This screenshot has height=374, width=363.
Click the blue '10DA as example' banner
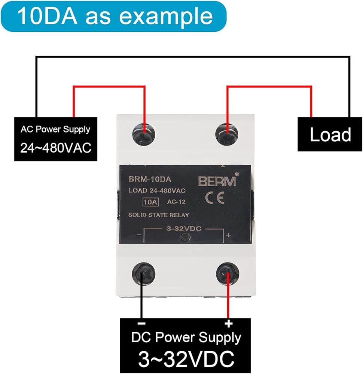[x=114, y=16]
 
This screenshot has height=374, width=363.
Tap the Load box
[x=330, y=134]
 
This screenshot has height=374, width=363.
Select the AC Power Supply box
[x=56, y=139]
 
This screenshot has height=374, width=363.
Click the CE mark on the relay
[x=215, y=198]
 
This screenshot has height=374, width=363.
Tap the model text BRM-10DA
[x=150, y=180]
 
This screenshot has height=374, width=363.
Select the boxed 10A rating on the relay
[x=150, y=202]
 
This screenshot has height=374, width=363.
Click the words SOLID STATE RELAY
[x=158, y=215]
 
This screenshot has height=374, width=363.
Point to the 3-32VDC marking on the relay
[x=184, y=229]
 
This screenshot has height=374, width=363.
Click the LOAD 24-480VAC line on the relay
[x=157, y=190]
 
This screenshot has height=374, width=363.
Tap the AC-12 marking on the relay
[x=176, y=202]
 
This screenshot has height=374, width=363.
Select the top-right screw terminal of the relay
[x=227, y=134]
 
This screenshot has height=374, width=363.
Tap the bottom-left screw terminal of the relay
[x=144, y=274]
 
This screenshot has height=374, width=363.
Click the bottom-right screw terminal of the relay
[x=228, y=274]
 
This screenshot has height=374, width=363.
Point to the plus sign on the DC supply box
[x=228, y=324]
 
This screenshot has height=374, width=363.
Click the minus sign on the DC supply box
[x=141, y=324]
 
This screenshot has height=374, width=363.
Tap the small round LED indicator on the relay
[x=185, y=237]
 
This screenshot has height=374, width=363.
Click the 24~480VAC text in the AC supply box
[x=56, y=148]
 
